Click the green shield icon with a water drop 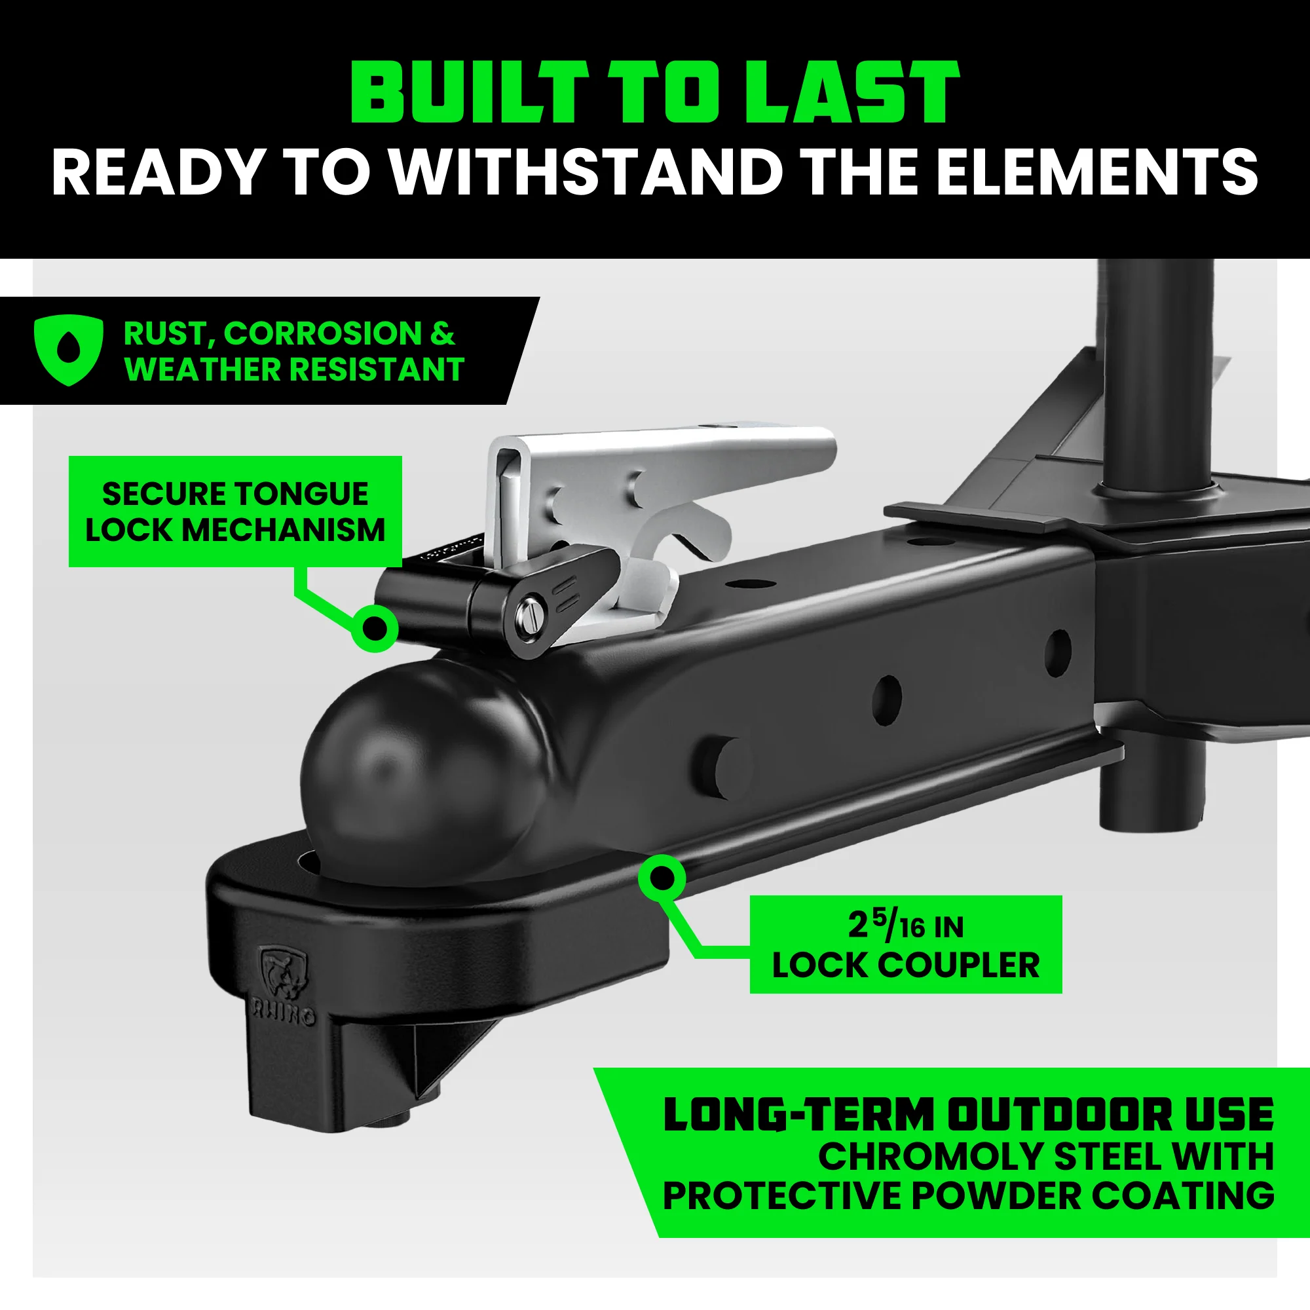(x=69, y=350)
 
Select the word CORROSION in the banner (x=323, y=333)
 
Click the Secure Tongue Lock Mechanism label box (x=234, y=512)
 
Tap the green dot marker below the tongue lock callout (x=375, y=628)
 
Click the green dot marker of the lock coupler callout (x=662, y=878)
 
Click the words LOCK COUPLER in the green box (x=905, y=965)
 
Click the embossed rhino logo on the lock (x=284, y=975)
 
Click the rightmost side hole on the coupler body (x=1058, y=651)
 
